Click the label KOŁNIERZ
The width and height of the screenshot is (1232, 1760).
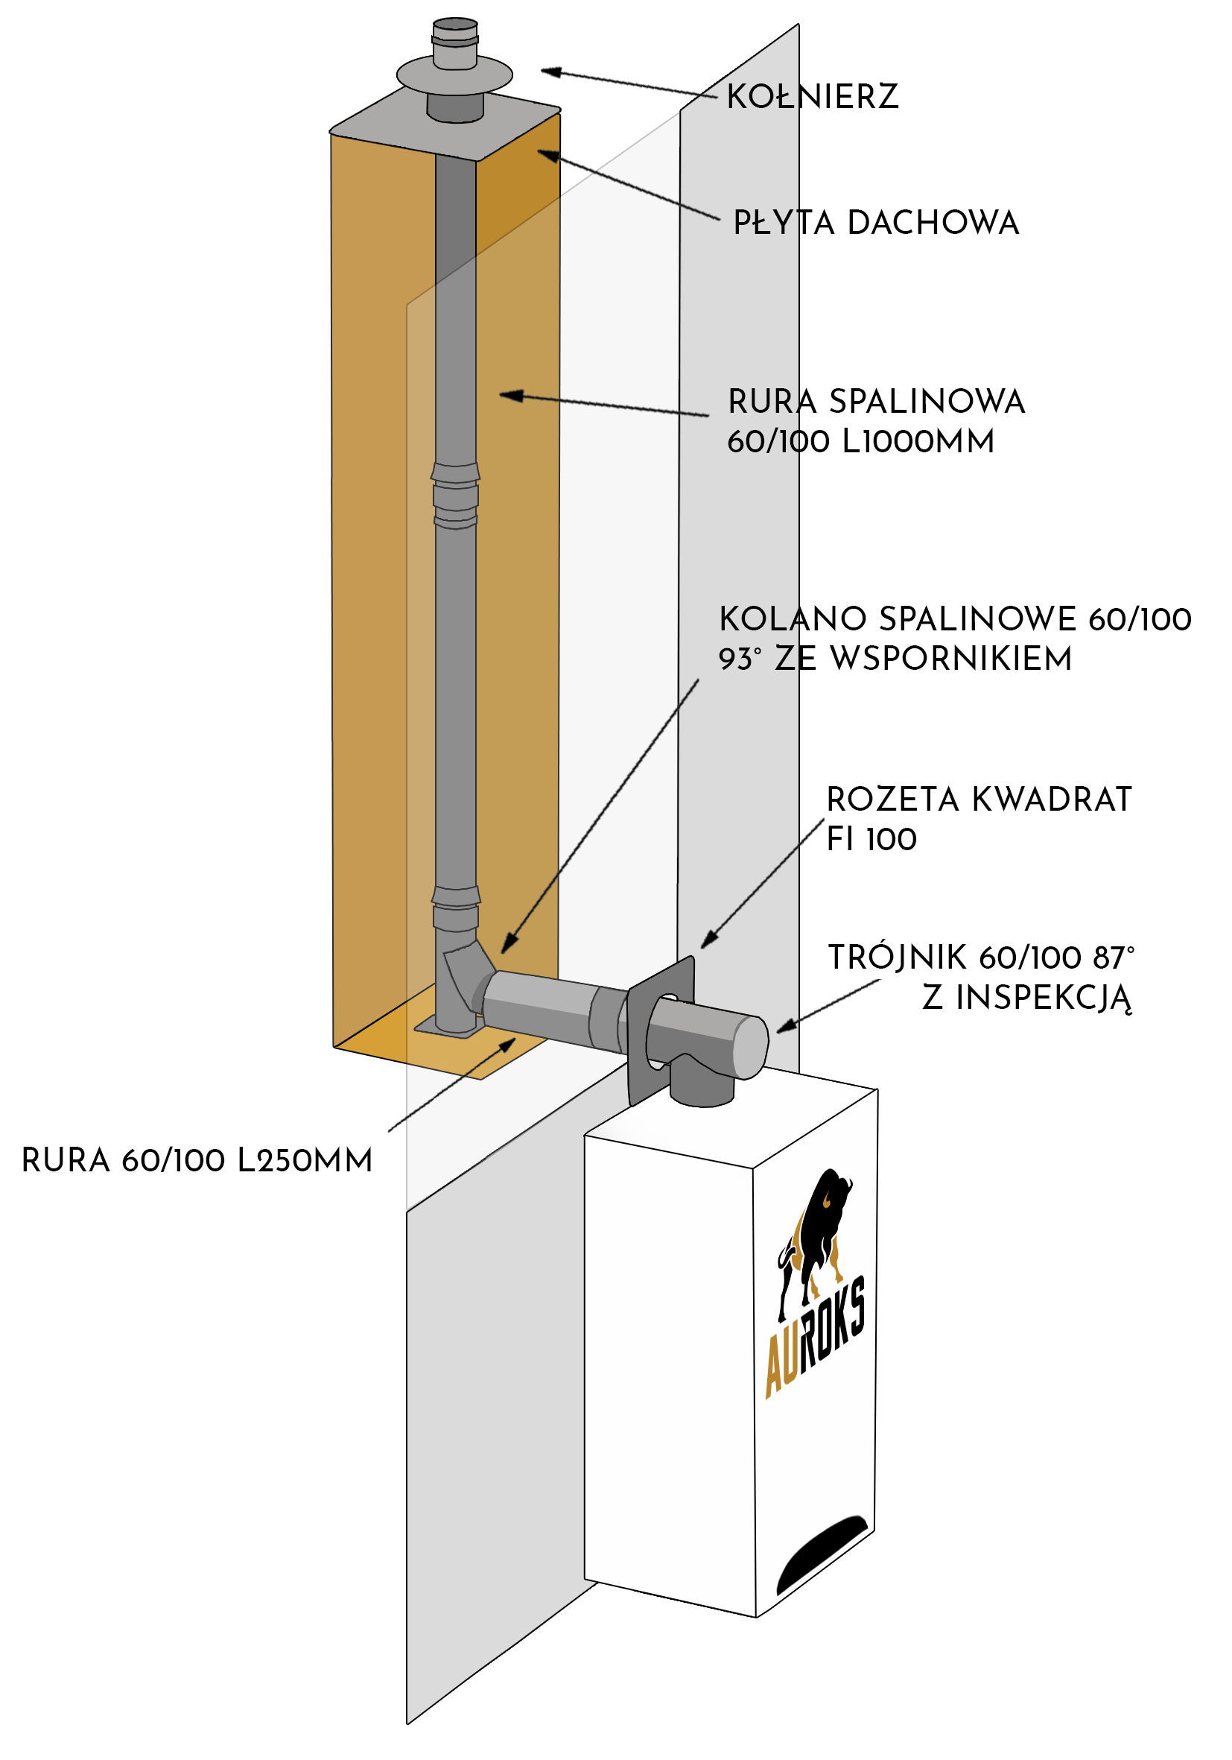click(812, 97)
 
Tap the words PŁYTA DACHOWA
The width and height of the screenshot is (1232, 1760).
click(876, 223)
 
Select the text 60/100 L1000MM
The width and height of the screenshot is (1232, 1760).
click(860, 442)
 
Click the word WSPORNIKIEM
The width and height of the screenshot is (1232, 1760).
click(951, 659)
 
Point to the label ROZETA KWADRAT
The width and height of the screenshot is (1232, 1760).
click(979, 800)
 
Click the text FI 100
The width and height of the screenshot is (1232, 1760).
click(871, 839)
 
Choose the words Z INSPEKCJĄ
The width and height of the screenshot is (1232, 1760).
click(1026, 998)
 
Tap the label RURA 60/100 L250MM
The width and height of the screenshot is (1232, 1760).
click(197, 1161)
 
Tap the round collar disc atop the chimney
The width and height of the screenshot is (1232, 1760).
click(454, 75)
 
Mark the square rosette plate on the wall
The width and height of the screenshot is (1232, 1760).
click(661, 1031)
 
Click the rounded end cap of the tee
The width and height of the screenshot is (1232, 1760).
click(751, 1047)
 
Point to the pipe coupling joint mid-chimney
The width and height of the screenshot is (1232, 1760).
click(456, 496)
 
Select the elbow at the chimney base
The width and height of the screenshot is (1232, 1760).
click(467, 974)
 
